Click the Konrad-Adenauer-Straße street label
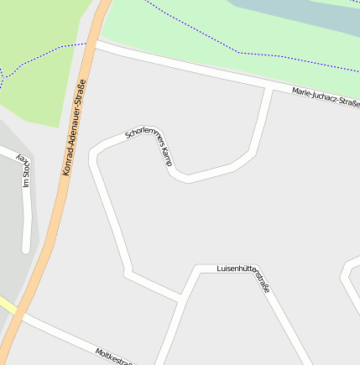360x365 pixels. [75, 127]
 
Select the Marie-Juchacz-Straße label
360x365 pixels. [326, 96]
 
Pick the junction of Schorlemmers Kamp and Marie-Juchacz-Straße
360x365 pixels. [269, 88]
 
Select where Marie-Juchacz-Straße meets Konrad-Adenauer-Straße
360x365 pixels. [96, 44]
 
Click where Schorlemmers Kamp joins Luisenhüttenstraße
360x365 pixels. [182, 297]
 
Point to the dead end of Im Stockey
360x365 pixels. [27, 248]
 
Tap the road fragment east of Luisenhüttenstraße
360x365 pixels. [349, 277]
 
